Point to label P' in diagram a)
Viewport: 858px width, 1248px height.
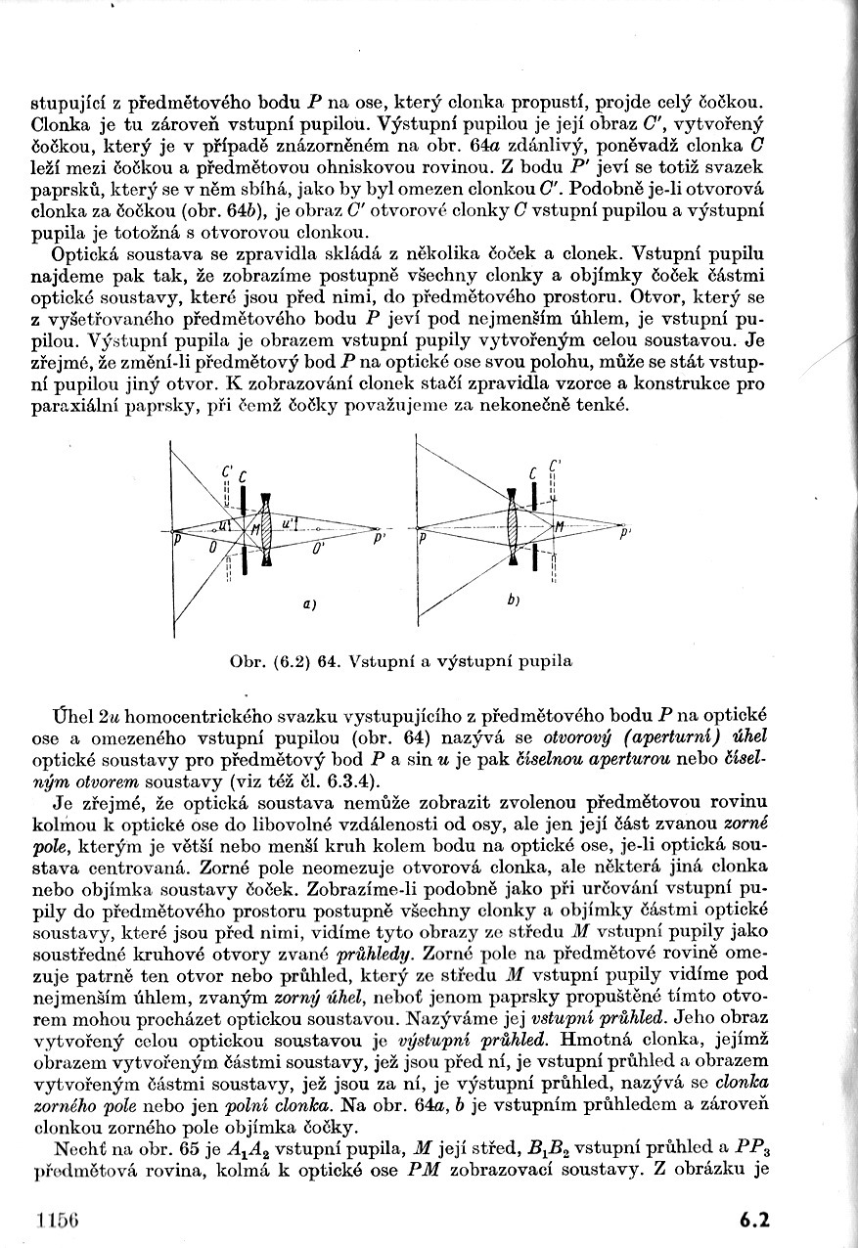(378, 536)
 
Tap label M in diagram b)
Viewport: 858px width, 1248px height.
(560, 528)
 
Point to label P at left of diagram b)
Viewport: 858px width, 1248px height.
(422, 538)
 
